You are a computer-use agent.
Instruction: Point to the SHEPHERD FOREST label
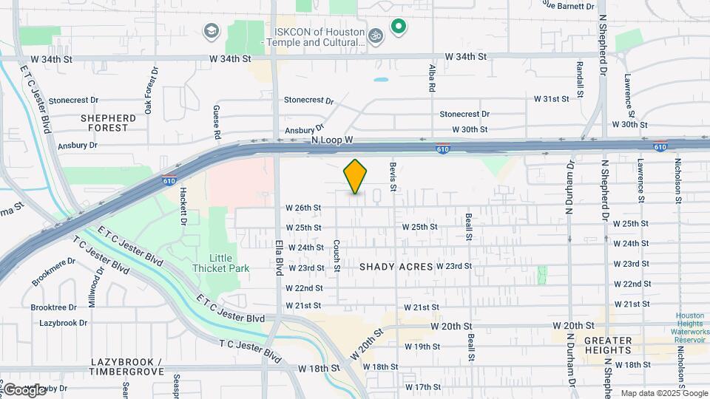pyautogui.click(x=109, y=123)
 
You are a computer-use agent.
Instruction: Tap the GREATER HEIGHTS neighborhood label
pyautogui.click(x=608, y=346)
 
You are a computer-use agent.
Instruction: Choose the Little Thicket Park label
pyautogui.click(x=219, y=262)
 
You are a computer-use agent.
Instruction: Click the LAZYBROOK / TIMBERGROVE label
pyautogui.click(x=127, y=366)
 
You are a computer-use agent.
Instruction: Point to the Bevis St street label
pyautogui.click(x=393, y=177)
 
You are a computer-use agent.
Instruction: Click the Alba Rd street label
pyautogui.click(x=432, y=78)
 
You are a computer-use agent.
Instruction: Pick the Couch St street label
pyautogui.click(x=337, y=255)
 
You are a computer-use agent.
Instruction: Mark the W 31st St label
pyautogui.click(x=552, y=98)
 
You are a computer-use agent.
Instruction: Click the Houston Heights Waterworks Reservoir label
pyautogui.click(x=691, y=328)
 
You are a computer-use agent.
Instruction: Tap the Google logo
pyautogui.click(x=24, y=389)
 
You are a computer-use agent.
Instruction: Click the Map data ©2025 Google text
pyautogui.click(x=663, y=393)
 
